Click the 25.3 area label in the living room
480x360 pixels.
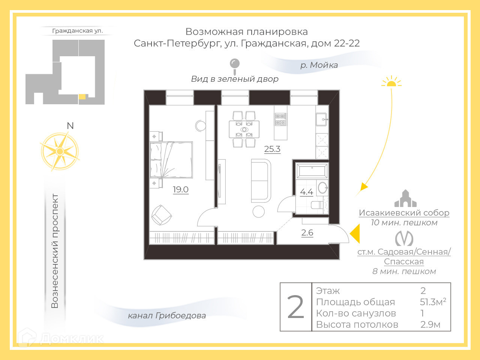click(x=272, y=149)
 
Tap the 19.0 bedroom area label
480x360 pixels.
click(x=180, y=189)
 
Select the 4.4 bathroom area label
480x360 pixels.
click(x=306, y=192)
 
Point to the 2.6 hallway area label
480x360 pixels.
click(x=307, y=232)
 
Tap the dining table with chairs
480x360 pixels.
click(x=244, y=129)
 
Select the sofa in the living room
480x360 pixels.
click(x=261, y=180)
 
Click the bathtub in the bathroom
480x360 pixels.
click(x=312, y=171)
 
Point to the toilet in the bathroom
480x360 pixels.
click(x=316, y=205)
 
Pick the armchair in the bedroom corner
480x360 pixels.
click(x=161, y=215)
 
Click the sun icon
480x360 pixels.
click(x=391, y=81)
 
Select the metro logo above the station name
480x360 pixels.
click(x=404, y=238)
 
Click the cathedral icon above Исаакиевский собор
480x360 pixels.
click(x=405, y=199)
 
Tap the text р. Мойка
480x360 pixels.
click(x=319, y=65)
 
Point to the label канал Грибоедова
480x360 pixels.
click(x=167, y=315)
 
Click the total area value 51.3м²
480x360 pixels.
click(x=433, y=302)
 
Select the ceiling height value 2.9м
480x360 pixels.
click(x=430, y=324)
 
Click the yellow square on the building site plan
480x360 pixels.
click(x=82, y=97)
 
